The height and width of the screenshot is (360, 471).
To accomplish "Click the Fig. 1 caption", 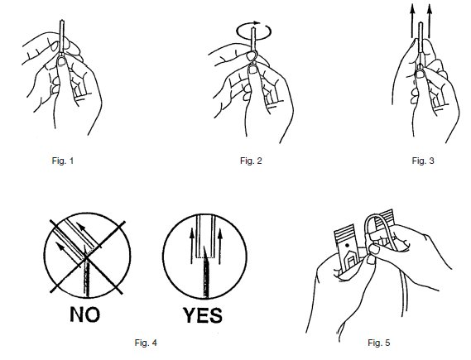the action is tap(62, 161).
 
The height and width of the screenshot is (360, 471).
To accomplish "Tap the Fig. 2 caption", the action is tap(251, 161).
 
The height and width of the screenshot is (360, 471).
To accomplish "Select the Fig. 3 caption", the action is tap(423, 161).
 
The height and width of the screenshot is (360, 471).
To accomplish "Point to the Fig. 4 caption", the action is tap(146, 343).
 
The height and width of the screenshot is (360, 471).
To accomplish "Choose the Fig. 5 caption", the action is tap(379, 343).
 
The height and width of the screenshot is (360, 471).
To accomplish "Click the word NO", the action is tap(85, 314).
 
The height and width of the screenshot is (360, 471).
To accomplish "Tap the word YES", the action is tap(203, 315).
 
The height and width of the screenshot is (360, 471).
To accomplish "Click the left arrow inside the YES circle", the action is tap(192, 246).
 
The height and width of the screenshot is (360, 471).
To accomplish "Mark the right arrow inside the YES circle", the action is tap(220, 246).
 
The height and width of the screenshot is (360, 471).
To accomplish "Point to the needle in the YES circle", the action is tap(206, 273).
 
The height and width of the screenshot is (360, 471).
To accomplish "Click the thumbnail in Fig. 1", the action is tap(62, 61).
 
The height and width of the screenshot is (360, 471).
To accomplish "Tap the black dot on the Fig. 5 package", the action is tap(348, 245).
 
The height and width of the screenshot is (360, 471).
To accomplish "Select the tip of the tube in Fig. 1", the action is tap(62, 21).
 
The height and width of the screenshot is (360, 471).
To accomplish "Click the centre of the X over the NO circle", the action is tap(87, 257).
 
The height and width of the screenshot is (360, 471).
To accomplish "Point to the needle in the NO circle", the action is tap(87, 275).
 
